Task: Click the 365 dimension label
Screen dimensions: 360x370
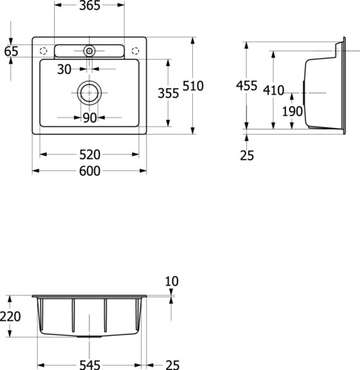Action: coord(89,5)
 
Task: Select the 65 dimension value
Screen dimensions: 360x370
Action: coord(11,51)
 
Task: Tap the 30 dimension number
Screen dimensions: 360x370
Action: coord(64,70)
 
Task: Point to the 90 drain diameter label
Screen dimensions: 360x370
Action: coord(89,118)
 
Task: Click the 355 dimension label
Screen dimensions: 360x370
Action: coord(169,93)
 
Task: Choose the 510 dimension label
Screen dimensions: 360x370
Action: coord(193,86)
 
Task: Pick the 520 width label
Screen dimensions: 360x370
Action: coord(89,155)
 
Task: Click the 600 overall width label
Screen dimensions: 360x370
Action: coord(89,171)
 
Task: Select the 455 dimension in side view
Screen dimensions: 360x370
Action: coord(247,86)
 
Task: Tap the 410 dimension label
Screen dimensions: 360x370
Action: coord(274,90)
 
